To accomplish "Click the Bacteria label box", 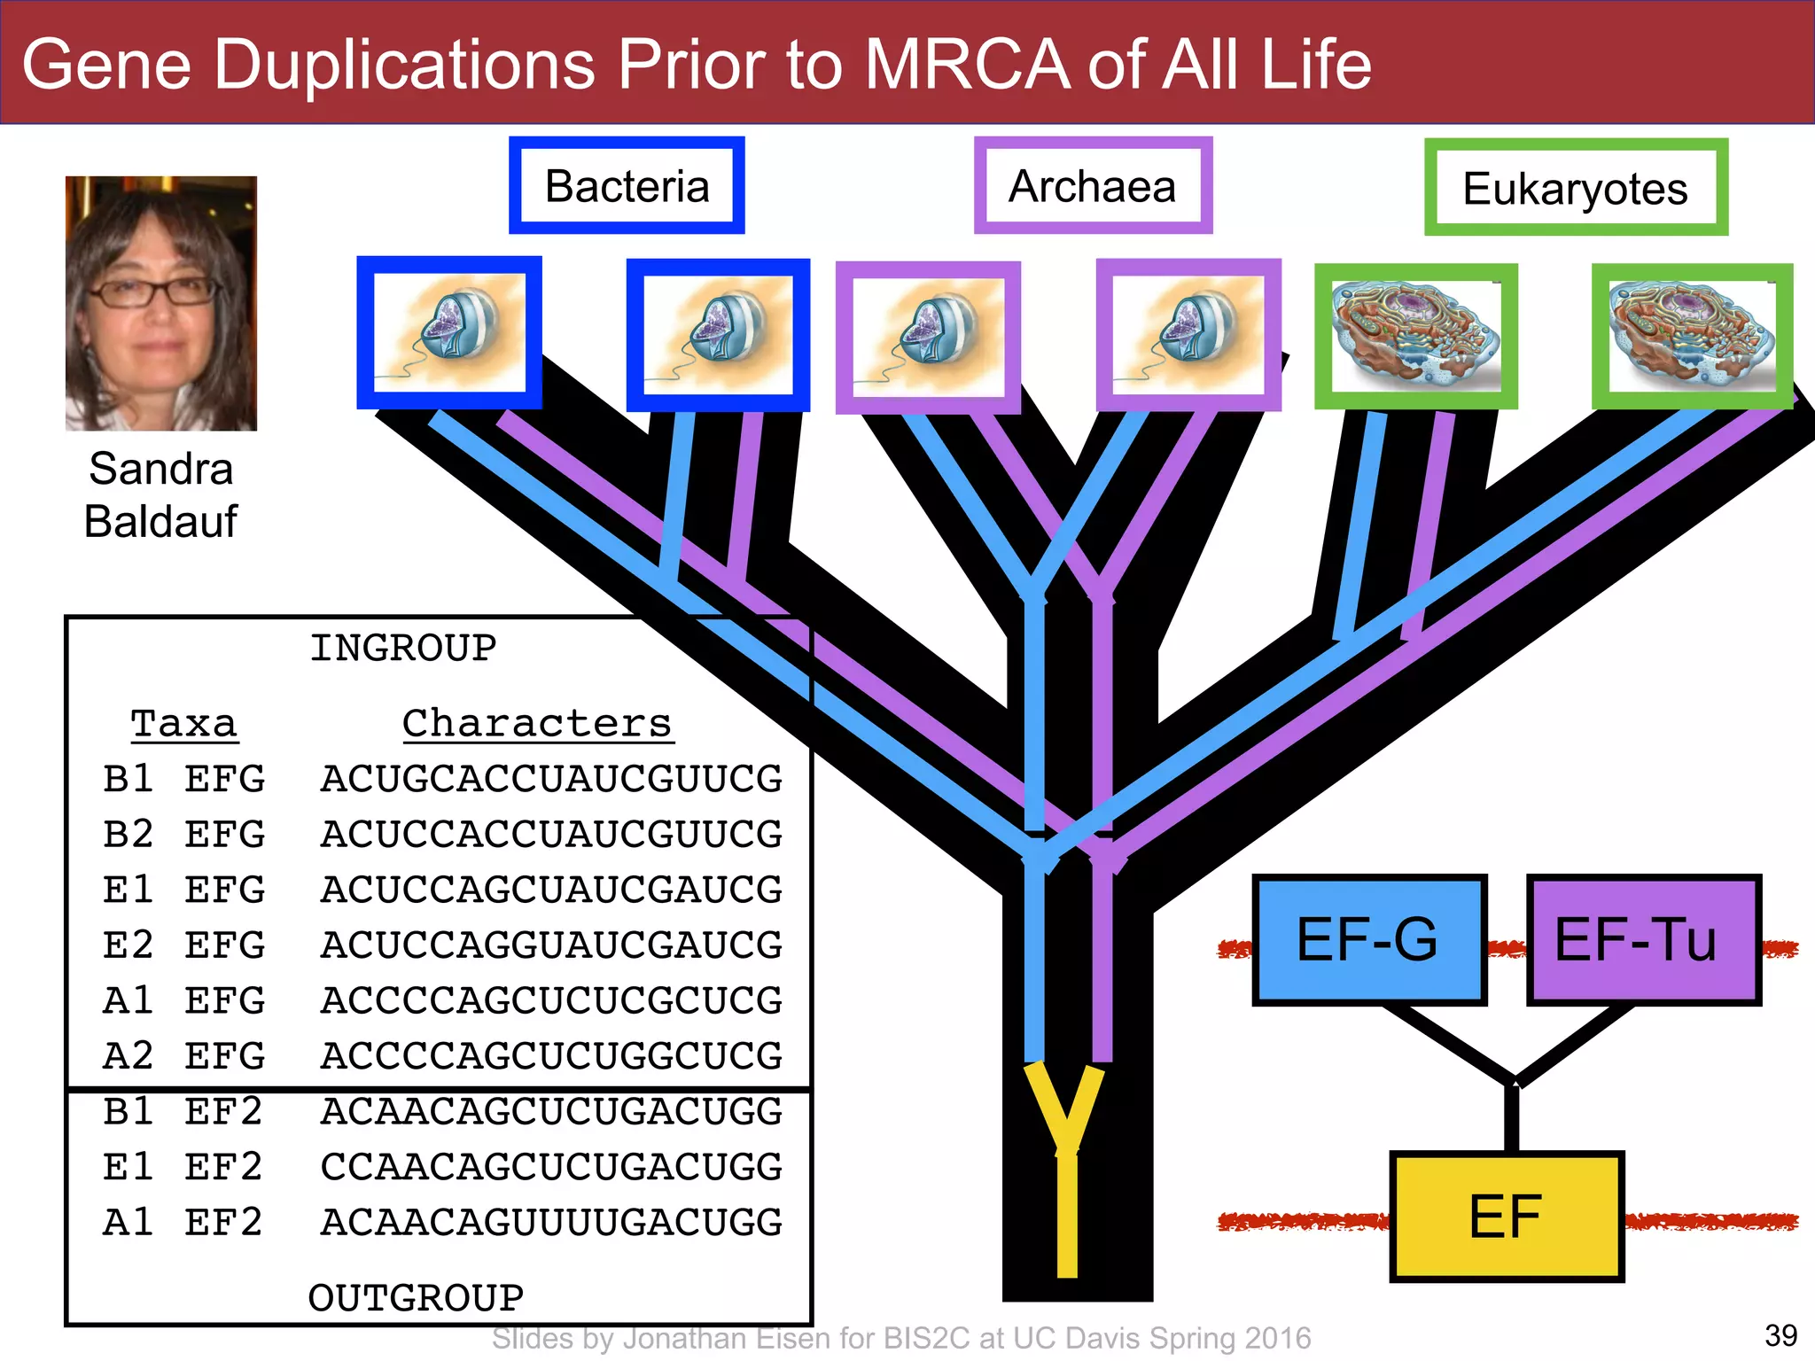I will [627, 185].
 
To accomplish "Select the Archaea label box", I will [1093, 185].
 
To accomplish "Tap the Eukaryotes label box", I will [1576, 188].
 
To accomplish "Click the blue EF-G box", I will [1368, 940].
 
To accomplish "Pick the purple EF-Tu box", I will [1643, 940].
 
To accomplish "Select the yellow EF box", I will [1506, 1216].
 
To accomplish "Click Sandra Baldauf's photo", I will [161, 303].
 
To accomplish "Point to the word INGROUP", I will [403, 649].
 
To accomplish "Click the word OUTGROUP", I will [416, 1298].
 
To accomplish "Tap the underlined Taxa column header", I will [184, 724].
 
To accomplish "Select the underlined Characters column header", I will [537, 724].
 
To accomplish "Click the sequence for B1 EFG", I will [551, 780].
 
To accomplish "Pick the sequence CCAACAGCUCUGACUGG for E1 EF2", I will [551, 1167].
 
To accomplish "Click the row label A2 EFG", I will [183, 1056].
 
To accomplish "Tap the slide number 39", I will [1780, 1335].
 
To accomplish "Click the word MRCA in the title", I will [966, 65].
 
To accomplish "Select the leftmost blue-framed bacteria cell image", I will [449, 333].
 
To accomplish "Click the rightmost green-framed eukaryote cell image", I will [1692, 337].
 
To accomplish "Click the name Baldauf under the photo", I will [160, 521].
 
